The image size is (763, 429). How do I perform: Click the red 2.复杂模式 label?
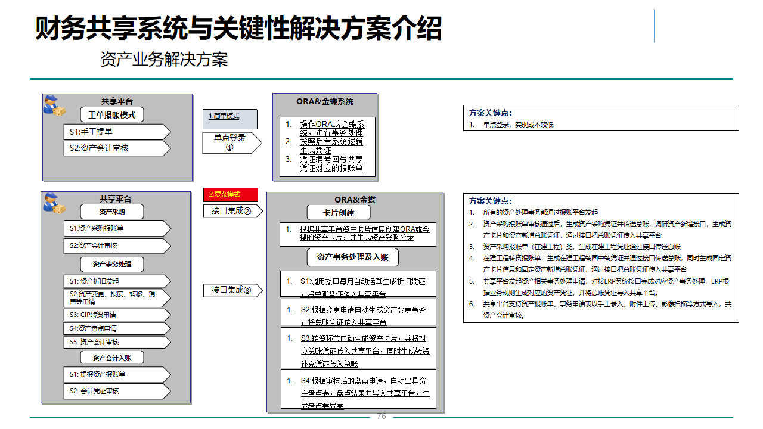tap(231, 195)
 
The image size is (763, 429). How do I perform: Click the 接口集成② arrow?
tap(231, 210)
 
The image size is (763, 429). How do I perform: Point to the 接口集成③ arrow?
tap(231, 290)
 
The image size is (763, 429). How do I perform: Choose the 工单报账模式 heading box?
tap(112, 115)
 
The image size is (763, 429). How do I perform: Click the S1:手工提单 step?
tap(116, 132)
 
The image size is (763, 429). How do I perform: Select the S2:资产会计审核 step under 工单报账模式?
tap(116, 148)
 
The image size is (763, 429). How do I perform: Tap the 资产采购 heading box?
tap(112, 212)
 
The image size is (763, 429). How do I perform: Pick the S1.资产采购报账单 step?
tap(116, 228)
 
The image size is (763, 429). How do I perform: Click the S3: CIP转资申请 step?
tap(116, 315)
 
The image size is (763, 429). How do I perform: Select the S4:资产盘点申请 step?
tap(116, 328)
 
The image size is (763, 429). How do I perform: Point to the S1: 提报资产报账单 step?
tap(116, 374)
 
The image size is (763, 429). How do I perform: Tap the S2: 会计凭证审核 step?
tap(116, 391)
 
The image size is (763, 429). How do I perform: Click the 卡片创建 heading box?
tap(339, 213)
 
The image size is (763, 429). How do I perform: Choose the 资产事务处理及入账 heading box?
tap(352, 257)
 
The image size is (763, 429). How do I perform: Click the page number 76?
tap(381, 416)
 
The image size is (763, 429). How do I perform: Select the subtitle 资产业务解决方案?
tap(164, 60)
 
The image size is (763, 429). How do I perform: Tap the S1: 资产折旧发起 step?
tap(116, 281)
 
